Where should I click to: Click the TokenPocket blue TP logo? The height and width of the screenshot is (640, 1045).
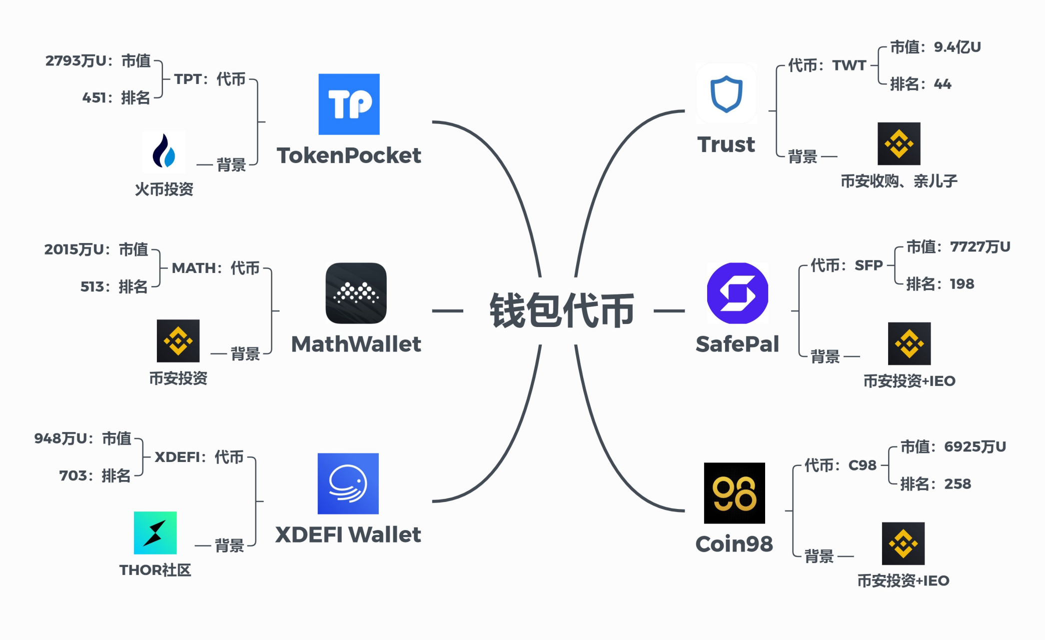coord(349,104)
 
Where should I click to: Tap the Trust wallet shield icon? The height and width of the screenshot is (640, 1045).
coord(726,93)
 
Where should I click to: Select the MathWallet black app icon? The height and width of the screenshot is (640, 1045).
coord(356,293)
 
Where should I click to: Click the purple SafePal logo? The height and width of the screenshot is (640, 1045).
coord(737,293)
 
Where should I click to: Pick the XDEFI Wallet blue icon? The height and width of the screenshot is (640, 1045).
coord(348,483)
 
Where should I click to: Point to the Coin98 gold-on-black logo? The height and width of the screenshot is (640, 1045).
coord(734,493)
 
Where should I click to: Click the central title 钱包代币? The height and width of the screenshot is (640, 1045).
coord(562,310)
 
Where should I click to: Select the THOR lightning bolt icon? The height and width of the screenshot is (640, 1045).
coord(155,532)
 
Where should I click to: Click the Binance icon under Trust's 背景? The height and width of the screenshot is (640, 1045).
coord(899,144)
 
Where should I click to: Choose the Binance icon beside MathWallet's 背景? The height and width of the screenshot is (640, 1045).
coord(178,341)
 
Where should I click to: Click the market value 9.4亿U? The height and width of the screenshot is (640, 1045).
coord(957,47)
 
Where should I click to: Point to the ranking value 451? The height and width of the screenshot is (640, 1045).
coord(94,97)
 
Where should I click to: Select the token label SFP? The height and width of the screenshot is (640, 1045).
coord(869,265)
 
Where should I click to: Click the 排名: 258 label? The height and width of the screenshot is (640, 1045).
coord(935,484)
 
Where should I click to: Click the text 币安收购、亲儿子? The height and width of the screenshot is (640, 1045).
coord(899,181)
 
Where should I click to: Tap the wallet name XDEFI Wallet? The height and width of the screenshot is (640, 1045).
coord(348,534)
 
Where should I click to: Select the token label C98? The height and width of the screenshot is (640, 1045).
coord(862,465)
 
